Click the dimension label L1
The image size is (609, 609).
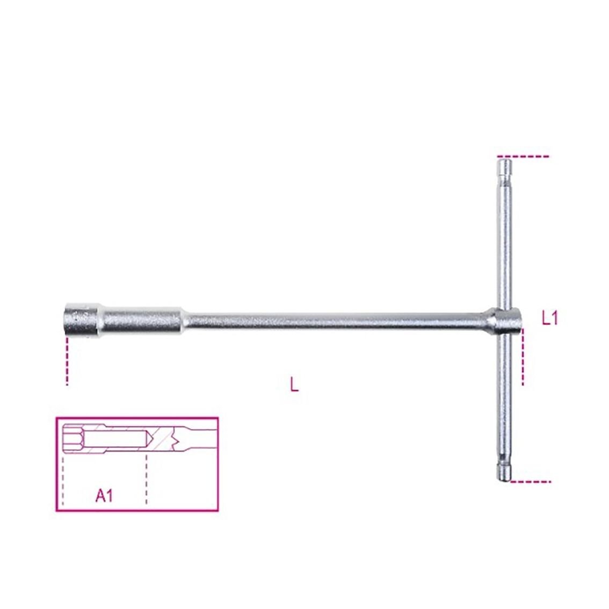pyautogui.click(x=549, y=319)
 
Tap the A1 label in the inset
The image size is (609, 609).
pyautogui.click(x=104, y=496)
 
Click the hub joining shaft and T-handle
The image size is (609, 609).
pyautogui.click(x=504, y=321)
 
